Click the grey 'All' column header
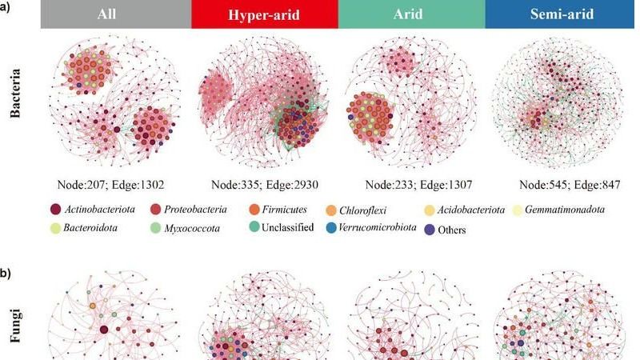click(x=116, y=14)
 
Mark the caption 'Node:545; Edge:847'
click(x=570, y=186)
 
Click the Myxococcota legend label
click(x=192, y=228)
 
